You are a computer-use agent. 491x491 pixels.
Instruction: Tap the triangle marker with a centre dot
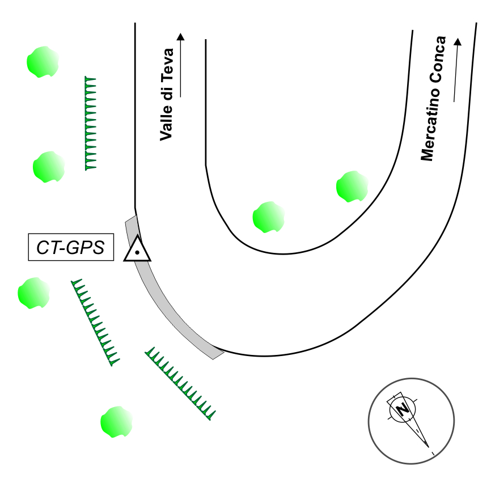click(x=138, y=250)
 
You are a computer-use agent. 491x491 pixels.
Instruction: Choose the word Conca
click(x=438, y=60)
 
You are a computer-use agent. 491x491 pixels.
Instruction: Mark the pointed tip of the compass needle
click(x=429, y=448)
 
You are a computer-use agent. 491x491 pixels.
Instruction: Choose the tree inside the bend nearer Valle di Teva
click(x=268, y=217)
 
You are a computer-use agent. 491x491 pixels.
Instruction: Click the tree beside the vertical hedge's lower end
click(x=48, y=167)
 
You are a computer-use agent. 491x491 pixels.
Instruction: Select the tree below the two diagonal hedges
click(x=116, y=422)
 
